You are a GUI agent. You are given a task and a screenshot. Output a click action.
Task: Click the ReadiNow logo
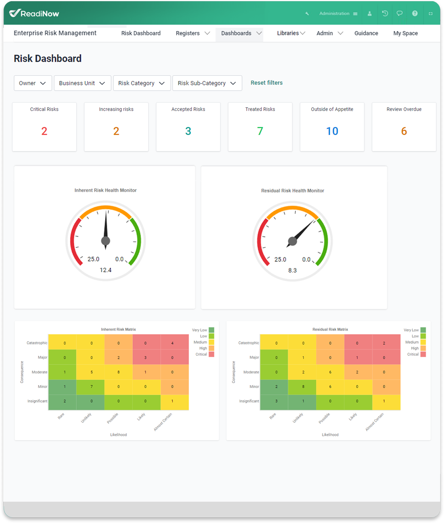(x=34, y=13)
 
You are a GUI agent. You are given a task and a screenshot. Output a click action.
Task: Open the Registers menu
(x=192, y=33)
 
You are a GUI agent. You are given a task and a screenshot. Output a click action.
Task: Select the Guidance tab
(x=366, y=33)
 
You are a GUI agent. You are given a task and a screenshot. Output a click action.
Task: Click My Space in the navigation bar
(x=405, y=33)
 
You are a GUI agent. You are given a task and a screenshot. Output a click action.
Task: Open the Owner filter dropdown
(x=32, y=83)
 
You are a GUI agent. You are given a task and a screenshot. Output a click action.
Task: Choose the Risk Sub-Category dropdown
(x=207, y=83)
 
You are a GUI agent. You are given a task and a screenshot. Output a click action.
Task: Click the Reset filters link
(x=266, y=83)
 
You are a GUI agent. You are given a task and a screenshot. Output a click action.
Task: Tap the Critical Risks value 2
(x=44, y=131)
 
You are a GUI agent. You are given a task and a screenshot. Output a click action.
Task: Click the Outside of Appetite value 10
(x=332, y=131)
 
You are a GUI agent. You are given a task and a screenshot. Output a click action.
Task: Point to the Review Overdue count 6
(x=404, y=131)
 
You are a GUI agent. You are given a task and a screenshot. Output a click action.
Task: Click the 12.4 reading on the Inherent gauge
(x=106, y=270)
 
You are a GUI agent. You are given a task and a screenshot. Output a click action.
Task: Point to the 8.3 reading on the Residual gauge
(x=292, y=270)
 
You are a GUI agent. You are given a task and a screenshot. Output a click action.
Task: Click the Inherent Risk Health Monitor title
(x=105, y=190)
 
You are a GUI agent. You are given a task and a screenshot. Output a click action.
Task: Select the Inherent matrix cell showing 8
(x=119, y=372)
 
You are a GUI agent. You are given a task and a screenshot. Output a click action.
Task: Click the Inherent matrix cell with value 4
(x=173, y=343)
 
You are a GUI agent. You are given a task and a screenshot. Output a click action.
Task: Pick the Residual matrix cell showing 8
(x=303, y=386)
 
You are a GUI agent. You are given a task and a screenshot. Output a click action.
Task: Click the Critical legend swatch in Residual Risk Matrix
(x=423, y=354)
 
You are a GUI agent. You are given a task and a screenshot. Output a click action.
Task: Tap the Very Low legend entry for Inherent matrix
(x=211, y=330)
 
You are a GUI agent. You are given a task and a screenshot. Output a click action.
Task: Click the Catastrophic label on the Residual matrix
(x=249, y=343)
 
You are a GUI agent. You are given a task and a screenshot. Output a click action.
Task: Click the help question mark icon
(x=415, y=13)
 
